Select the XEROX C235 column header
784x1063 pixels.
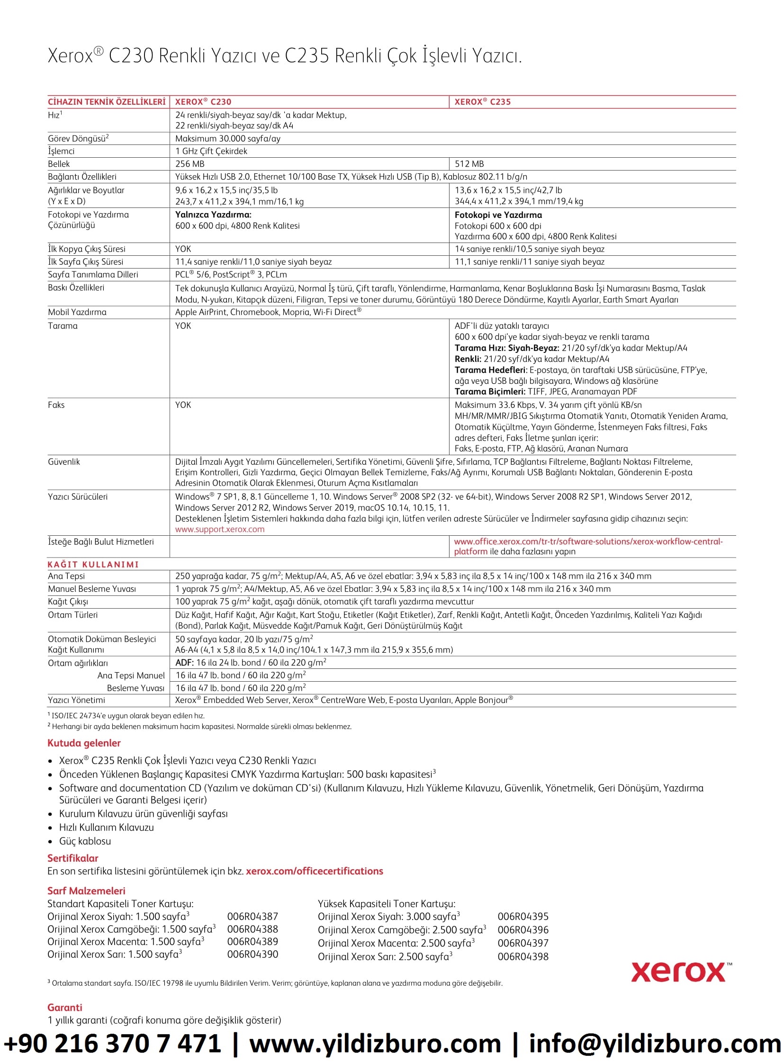[482, 101]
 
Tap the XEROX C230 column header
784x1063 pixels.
[203, 101]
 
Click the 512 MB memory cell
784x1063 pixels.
[469, 164]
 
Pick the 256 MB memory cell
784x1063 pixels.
[190, 164]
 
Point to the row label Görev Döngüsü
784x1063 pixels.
[78, 139]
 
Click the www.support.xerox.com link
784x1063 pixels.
[220, 529]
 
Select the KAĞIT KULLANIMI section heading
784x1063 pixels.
[93, 564]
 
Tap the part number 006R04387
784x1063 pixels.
[252, 916]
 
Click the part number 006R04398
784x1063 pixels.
[523, 957]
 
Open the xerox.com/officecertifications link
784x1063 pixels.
[314, 871]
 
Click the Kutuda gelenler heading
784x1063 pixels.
[84, 743]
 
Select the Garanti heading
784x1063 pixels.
[64, 1008]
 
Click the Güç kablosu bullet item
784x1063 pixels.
[85, 841]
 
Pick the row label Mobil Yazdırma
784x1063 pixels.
[77, 312]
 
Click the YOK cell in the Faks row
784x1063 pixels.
[183, 405]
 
